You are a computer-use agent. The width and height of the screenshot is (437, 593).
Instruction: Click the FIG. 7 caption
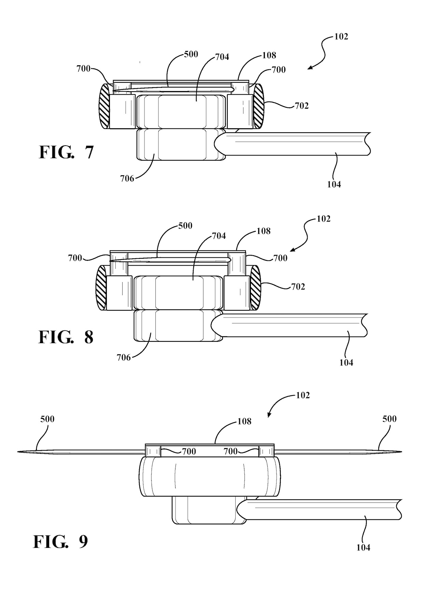(x=66, y=152)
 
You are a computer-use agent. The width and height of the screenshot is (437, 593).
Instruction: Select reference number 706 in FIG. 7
(x=127, y=178)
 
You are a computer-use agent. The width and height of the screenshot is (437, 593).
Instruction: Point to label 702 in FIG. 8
(x=298, y=286)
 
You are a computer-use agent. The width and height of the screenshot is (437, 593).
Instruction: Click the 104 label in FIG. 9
(x=363, y=548)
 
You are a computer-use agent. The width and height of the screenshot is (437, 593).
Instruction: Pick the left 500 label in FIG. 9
(x=47, y=419)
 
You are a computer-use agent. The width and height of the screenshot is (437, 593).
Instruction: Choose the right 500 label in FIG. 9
(x=390, y=419)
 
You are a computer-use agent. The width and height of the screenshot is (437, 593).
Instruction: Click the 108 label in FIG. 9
(x=244, y=421)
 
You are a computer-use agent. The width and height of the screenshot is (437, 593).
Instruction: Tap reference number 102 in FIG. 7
(x=341, y=37)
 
